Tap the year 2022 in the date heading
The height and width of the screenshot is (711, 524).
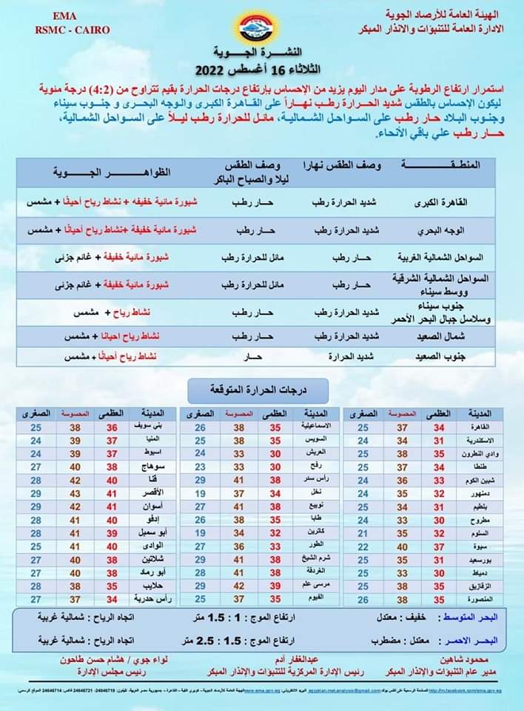[x=214, y=71]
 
